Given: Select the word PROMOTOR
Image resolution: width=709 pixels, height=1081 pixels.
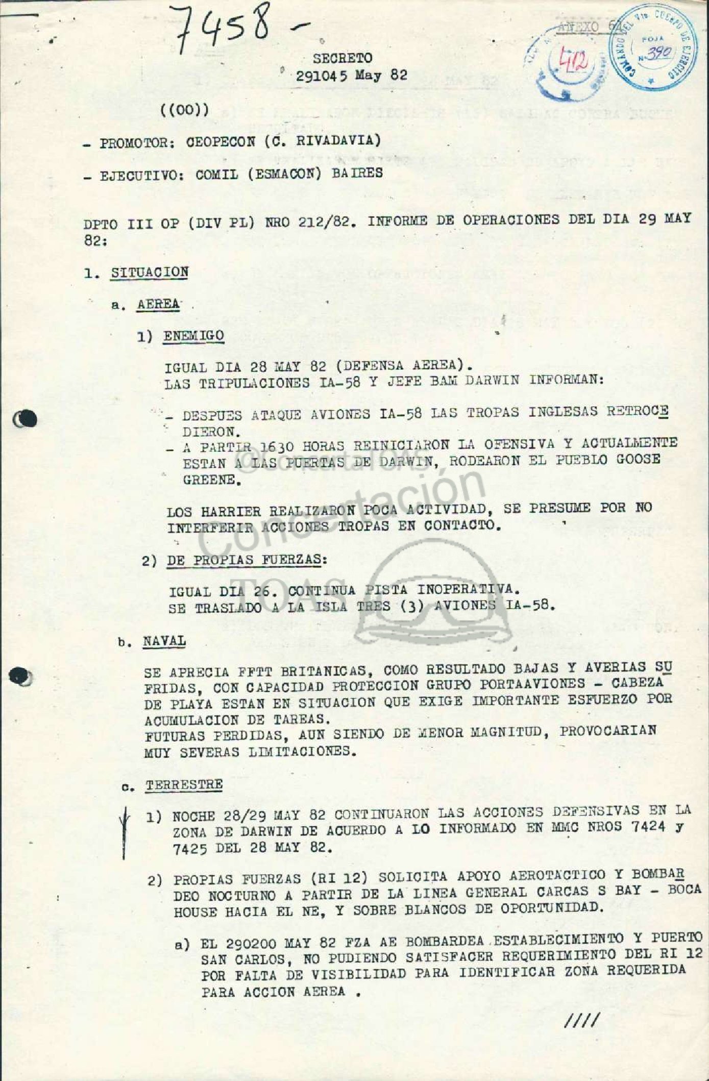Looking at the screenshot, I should (133, 142).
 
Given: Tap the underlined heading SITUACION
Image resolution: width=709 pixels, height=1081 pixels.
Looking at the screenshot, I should (150, 272).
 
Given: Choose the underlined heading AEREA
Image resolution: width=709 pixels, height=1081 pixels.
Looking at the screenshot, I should (158, 304).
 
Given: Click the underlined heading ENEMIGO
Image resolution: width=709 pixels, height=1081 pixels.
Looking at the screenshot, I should (193, 336).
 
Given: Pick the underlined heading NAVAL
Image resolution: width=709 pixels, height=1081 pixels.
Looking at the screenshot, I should (164, 641).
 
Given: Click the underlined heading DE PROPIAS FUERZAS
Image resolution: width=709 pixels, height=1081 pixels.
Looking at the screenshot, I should (245, 560).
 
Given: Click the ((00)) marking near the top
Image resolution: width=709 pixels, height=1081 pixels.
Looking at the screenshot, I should (185, 110).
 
